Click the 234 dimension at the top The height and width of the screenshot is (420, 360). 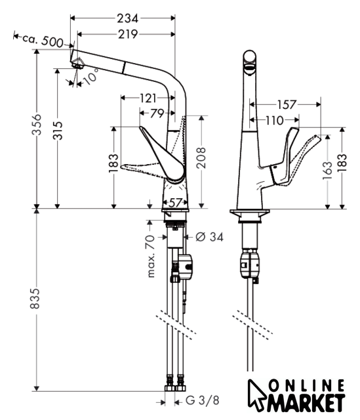tap(127, 18)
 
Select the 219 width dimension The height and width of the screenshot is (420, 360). tap(128, 34)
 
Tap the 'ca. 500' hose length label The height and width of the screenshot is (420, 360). tap(43, 40)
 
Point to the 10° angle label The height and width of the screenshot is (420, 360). tap(90, 76)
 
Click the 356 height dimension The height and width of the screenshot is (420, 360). tap(37, 125)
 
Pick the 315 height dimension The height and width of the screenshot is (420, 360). tap(58, 131)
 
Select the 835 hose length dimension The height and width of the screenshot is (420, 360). tap(35, 299)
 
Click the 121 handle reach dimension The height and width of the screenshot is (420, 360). tap(148, 98)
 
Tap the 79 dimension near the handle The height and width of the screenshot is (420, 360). tap(157, 114)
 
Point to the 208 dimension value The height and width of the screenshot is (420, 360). tap(201, 157)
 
